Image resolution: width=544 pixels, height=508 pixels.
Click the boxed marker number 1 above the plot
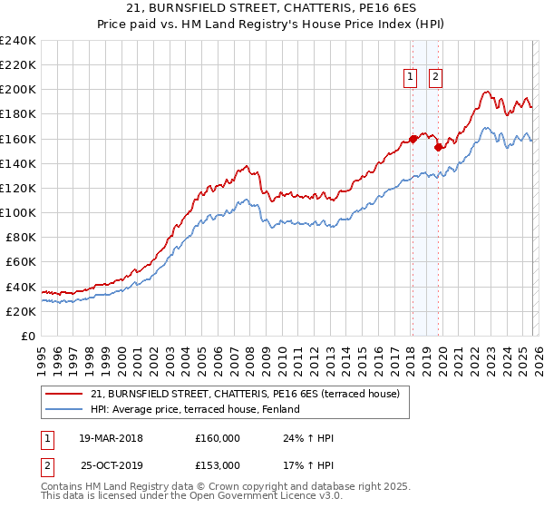coord(411,78)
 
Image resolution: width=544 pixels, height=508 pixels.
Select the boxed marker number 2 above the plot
coord(436,78)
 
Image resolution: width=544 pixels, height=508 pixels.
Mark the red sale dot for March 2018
coord(413,139)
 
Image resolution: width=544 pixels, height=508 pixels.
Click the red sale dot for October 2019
coord(438,147)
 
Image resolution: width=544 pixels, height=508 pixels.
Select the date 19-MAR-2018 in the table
coord(111,439)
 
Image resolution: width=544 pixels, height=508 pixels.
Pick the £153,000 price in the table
coord(218,464)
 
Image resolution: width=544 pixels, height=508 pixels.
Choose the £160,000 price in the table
coord(218,439)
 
